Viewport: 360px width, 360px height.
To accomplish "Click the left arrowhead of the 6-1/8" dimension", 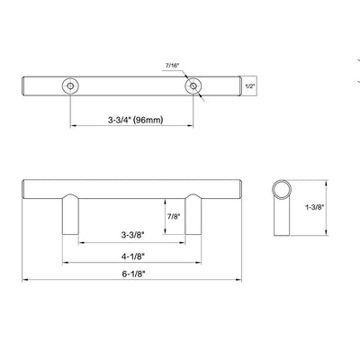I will coord(24,279).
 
